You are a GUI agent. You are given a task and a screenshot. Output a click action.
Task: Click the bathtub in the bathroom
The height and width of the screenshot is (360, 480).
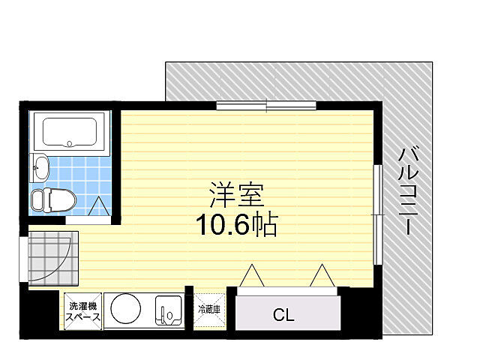point(70,133)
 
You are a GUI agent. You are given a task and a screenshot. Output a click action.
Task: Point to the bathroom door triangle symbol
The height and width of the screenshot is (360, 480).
point(98,206)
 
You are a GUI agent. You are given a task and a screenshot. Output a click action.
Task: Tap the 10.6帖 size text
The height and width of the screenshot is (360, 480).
point(236,224)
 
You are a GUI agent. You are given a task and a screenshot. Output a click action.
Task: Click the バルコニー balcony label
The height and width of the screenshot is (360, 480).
point(409,190)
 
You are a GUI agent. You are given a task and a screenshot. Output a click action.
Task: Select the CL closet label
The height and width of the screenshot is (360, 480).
point(283,315)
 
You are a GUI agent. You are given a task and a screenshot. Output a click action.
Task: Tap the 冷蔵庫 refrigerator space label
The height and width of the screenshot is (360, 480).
point(209,309)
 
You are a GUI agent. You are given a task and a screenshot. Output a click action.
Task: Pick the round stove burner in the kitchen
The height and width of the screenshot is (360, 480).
point(124,309)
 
